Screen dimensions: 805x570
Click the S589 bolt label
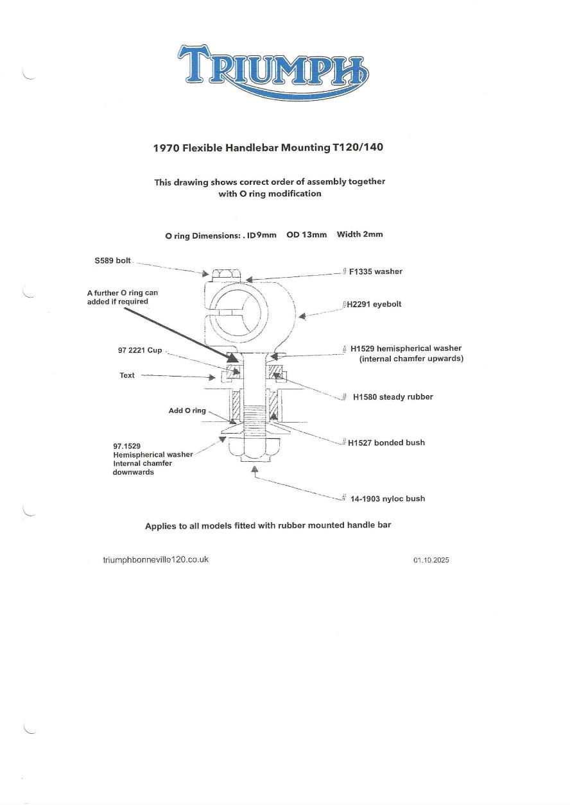pyautogui.click(x=112, y=260)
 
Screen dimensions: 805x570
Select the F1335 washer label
pyautogui.click(x=376, y=271)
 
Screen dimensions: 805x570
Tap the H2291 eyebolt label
pyautogui.click(x=374, y=304)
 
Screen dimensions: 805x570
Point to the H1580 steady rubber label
pyautogui.click(x=393, y=397)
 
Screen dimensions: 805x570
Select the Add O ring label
pyautogui.click(x=187, y=411)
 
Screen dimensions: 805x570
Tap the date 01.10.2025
pyautogui.click(x=431, y=560)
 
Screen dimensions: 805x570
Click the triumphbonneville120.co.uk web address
pyautogui.click(x=156, y=559)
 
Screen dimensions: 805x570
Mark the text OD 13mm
pyautogui.click(x=306, y=235)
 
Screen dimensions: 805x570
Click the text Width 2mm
pyautogui.click(x=359, y=234)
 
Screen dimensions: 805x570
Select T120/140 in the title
pyautogui.click(x=358, y=148)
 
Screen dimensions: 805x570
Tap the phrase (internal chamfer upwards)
pyautogui.click(x=411, y=359)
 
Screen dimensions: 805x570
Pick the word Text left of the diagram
pyautogui.click(x=127, y=375)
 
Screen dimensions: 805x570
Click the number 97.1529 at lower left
pyautogui.click(x=126, y=445)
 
